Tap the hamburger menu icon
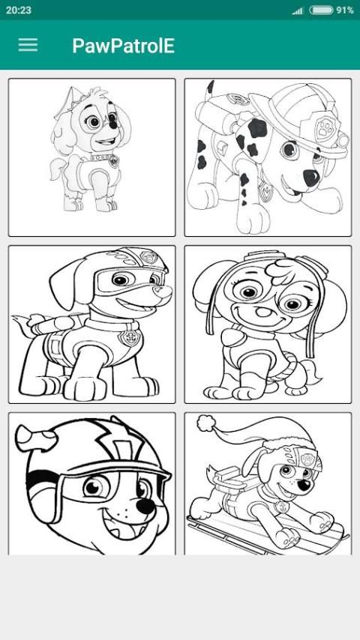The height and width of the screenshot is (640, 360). (28, 45)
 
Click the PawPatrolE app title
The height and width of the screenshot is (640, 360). (124, 46)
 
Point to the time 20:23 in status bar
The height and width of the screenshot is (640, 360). (19, 10)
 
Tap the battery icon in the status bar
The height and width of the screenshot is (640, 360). (321, 10)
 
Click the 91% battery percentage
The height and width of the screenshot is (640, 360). (345, 10)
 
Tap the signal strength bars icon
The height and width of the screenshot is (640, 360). (298, 10)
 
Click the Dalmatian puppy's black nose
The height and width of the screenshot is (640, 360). (311, 178)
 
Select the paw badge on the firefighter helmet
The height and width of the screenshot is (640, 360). (325, 128)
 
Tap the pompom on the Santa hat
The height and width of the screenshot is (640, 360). (205, 423)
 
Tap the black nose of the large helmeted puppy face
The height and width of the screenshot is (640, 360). (145, 507)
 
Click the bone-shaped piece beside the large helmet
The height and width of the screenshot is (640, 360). (36, 437)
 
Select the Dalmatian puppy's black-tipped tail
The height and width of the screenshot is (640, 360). (211, 88)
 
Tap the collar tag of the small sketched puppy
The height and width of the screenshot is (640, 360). (114, 161)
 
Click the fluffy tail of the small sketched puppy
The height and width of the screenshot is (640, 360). (57, 169)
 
